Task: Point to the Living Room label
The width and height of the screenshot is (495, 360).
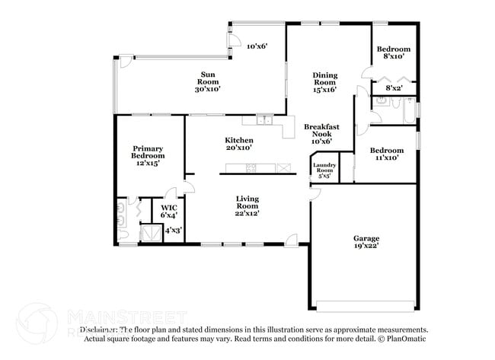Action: click(x=247, y=202)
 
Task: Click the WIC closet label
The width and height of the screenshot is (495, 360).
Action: click(x=169, y=206)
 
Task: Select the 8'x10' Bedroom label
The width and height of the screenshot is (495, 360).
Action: click(x=394, y=49)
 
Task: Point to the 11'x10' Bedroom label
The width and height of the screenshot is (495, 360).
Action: click(x=387, y=151)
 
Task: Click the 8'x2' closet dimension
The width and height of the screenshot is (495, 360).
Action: click(x=394, y=89)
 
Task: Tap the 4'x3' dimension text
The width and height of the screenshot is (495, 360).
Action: click(x=173, y=231)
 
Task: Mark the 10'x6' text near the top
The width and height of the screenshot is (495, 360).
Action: click(x=257, y=46)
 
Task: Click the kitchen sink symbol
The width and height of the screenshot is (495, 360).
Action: click(x=266, y=119)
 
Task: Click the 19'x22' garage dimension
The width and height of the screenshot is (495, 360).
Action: click(x=366, y=247)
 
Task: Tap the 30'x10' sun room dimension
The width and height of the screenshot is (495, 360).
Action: click(x=208, y=89)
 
